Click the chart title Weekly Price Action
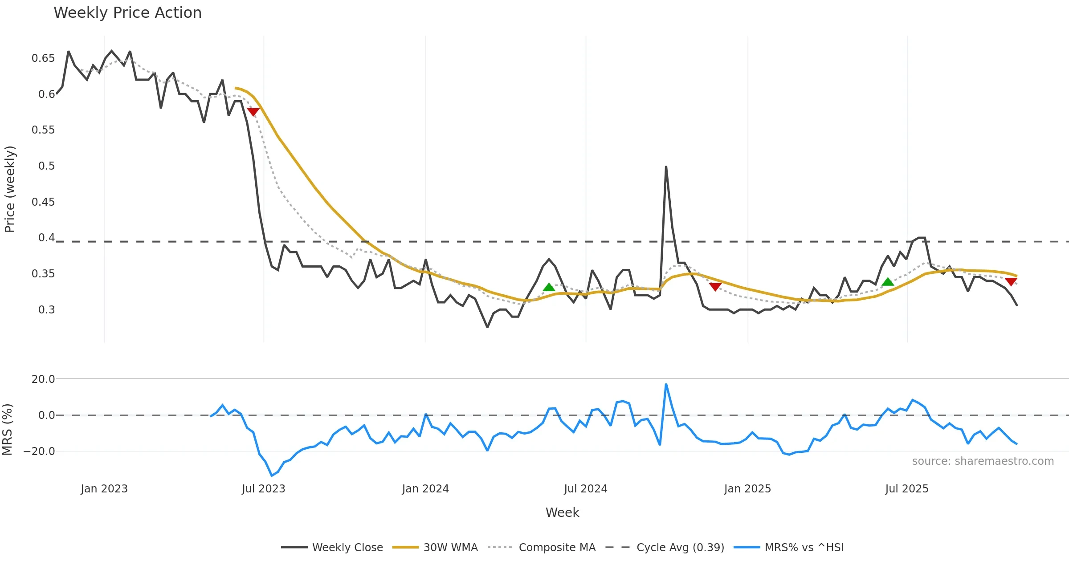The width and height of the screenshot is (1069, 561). (127, 13)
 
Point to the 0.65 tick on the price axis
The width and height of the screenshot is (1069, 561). (43, 58)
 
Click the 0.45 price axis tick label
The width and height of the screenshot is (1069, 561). (43, 202)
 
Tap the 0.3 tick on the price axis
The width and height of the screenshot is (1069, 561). (46, 310)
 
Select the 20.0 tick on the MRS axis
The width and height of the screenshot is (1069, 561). (43, 379)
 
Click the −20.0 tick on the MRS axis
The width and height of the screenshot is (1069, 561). (39, 451)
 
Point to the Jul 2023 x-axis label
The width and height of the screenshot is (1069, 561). (263, 489)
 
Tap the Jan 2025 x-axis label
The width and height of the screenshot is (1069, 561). (747, 489)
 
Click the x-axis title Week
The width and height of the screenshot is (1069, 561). (562, 513)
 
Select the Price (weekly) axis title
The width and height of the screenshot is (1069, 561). (10, 189)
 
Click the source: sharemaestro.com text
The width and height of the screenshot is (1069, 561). (983, 461)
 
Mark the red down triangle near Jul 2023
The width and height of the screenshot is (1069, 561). (253, 112)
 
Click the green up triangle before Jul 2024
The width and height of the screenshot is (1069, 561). (549, 287)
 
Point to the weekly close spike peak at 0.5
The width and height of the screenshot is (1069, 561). (666, 167)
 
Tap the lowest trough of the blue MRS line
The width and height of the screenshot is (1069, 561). (272, 476)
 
